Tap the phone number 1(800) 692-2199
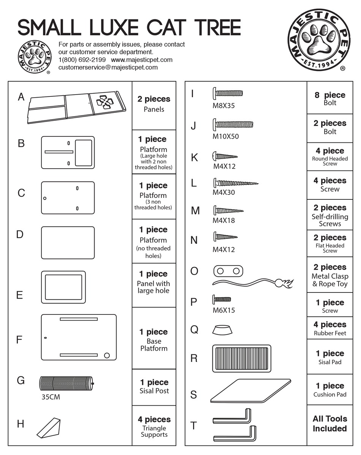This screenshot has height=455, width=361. (x=82, y=60)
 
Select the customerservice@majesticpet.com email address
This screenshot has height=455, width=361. (x=108, y=67)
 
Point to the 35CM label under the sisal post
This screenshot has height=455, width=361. (x=51, y=398)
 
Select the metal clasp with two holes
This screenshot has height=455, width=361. (x=228, y=271)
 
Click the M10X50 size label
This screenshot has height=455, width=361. (x=226, y=136)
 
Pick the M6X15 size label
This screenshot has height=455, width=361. (x=223, y=310)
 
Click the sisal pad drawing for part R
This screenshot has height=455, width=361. (x=242, y=359)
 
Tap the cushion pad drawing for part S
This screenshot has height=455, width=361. (x=250, y=390)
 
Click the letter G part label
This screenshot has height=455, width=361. (x=21, y=380)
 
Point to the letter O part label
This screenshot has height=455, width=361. (x=194, y=271)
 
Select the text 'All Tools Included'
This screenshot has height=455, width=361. (x=329, y=423)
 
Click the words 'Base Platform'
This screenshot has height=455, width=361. (x=154, y=345)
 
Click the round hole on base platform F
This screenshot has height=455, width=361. (x=107, y=355)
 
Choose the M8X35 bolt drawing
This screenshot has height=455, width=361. (x=228, y=93)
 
